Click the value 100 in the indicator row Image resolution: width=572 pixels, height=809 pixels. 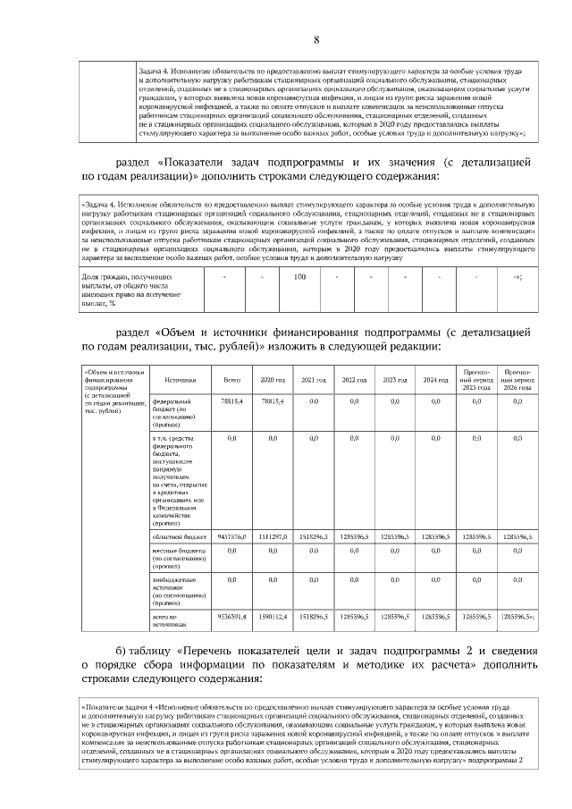pyautogui.click(x=300, y=276)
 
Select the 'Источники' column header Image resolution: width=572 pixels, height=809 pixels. pyautogui.click(x=168, y=380)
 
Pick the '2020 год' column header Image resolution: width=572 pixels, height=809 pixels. pyautogui.click(x=273, y=380)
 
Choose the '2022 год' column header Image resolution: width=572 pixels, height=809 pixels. pyautogui.click(x=354, y=380)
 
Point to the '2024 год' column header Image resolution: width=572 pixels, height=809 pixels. pyautogui.click(x=435, y=380)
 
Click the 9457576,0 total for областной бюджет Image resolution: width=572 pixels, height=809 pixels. pyautogui.click(x=231, y=535)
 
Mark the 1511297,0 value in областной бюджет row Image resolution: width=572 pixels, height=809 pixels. pyautogui.click(x=273, y=535)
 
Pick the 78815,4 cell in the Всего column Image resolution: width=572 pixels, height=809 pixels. pyautogui.click(x=231, y=403)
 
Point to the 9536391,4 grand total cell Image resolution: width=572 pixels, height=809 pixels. pyautogui.click(x=231, y=617)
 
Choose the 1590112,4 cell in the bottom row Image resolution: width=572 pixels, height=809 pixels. pyautogui.click(x=273, y=617)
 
